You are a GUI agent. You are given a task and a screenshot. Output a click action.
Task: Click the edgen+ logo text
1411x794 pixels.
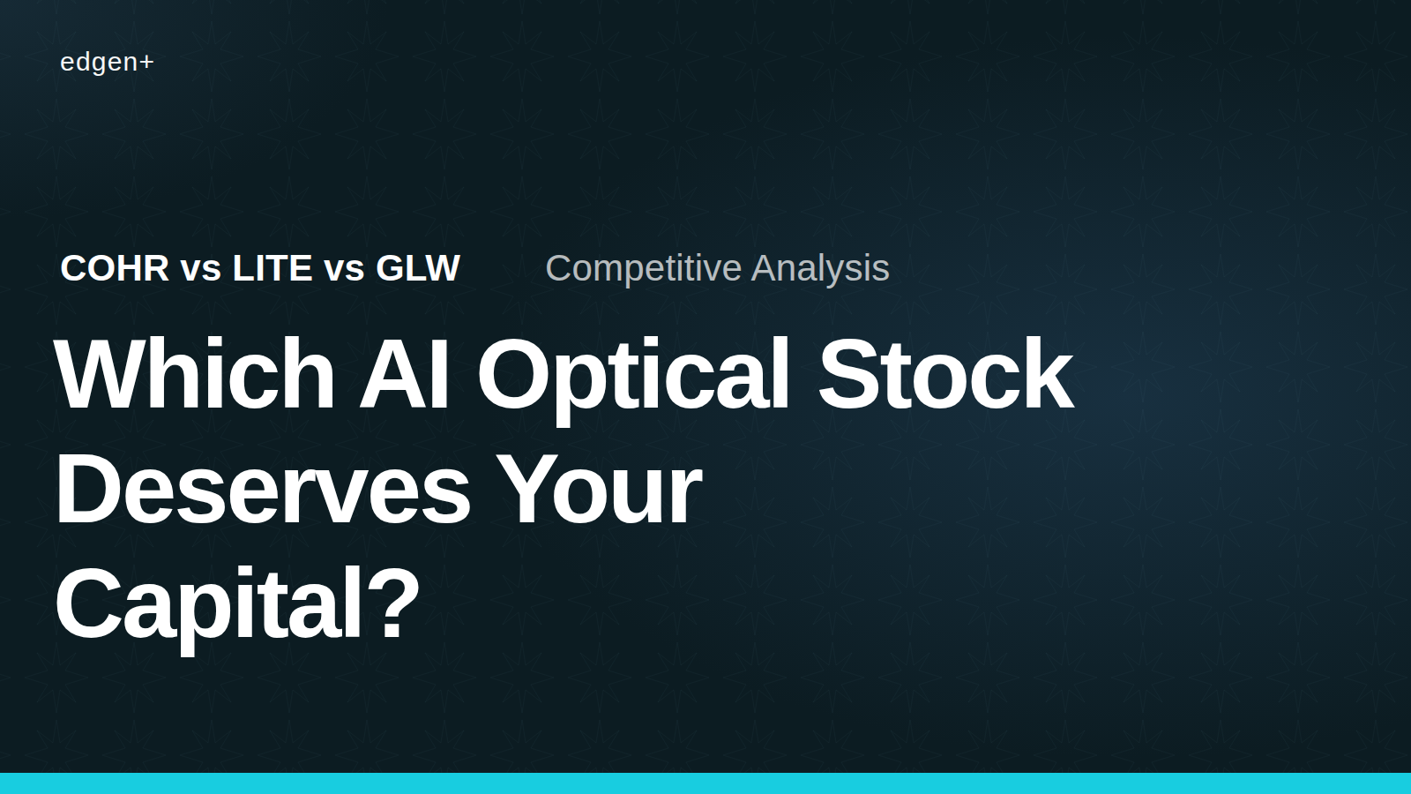107,63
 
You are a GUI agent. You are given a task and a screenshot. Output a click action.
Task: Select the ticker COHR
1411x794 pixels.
115,268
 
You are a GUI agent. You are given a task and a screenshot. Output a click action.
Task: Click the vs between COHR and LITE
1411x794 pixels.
201,271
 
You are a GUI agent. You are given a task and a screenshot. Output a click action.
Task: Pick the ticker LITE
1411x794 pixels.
272,268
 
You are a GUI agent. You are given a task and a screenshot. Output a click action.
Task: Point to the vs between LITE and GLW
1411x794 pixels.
345,271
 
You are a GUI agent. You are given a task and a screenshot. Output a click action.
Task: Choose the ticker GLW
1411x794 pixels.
418,268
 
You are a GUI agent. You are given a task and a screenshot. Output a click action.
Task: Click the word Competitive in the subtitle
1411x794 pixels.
644,269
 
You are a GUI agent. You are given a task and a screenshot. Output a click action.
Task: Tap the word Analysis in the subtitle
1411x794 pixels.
821,269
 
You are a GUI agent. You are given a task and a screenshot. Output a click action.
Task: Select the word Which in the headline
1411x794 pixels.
195,374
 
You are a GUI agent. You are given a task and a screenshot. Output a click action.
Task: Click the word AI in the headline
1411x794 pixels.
404,374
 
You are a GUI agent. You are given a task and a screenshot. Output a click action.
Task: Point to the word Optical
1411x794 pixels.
634,382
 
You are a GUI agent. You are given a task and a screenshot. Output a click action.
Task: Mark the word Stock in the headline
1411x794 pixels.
945,374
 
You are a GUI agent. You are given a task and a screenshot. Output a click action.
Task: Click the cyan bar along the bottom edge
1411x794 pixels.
705,783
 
